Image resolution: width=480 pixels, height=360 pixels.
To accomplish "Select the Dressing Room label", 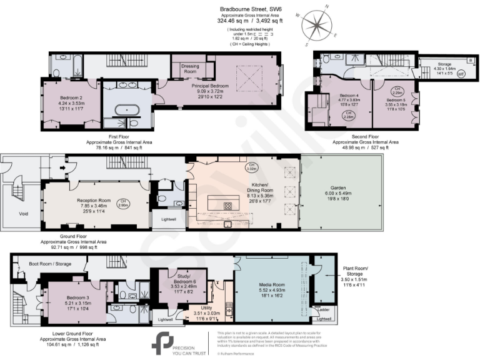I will click(189, 69).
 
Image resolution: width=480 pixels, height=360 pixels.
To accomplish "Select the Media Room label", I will click(272, 284).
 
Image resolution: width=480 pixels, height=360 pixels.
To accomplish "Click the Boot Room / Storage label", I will click(50, 264).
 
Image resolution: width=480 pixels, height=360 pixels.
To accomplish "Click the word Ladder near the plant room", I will click(324, 309).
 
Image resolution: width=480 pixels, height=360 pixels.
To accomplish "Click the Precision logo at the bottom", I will click(163, 343).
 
